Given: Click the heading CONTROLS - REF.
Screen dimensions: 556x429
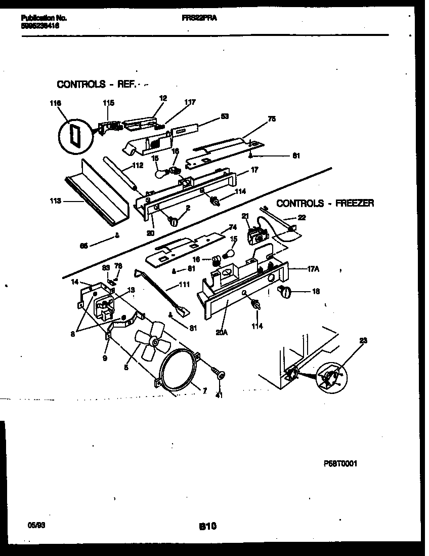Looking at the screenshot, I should [x=96, y=85].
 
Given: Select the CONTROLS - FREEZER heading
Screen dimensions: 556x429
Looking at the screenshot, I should [x=325, y=203].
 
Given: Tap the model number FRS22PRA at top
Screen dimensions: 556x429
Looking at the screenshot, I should [x=196, y=18].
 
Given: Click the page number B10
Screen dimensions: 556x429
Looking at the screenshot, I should [x=207, y=527].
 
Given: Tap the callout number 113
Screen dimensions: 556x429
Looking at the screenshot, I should [x=55, y=201].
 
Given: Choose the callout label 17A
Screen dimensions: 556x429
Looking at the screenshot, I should [x=313, y=269].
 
